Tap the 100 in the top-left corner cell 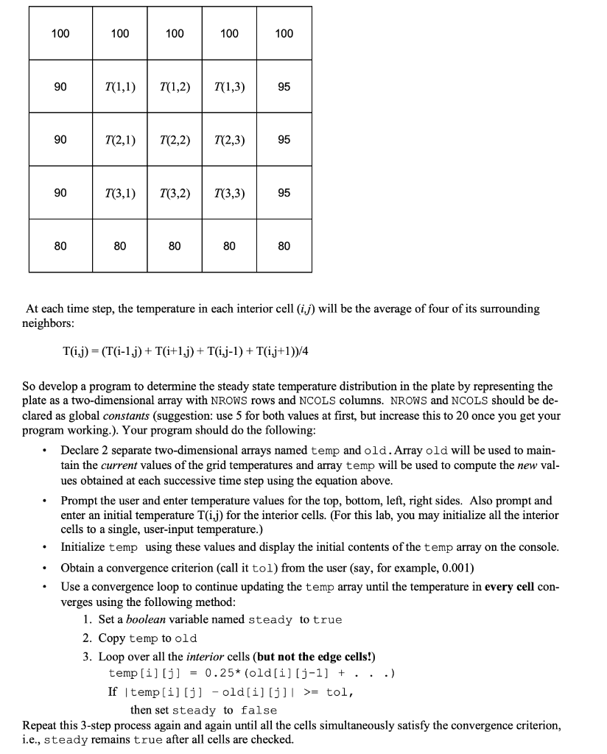click(x=60, y=33)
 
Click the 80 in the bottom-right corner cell click(x=284, y=246)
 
